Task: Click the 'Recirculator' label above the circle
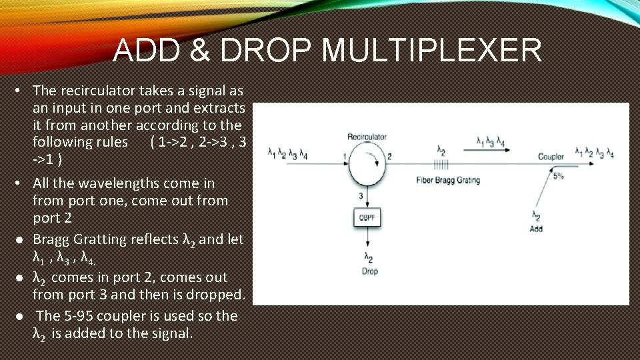click(x=367, y=137)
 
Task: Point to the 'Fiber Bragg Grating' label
click(x=447, y=180)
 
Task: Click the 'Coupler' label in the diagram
click(x=551, y=157)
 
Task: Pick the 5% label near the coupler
click(x=558, y=176)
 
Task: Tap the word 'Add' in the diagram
click(x=536, y=229)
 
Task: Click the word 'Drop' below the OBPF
click(x=370, y=271)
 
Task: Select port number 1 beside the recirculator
click(x=344, y=156)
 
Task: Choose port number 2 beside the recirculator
click(x=389, y=156)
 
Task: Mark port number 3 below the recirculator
click(x=361, y=195)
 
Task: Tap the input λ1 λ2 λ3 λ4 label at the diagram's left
click(x=287, y=155)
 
